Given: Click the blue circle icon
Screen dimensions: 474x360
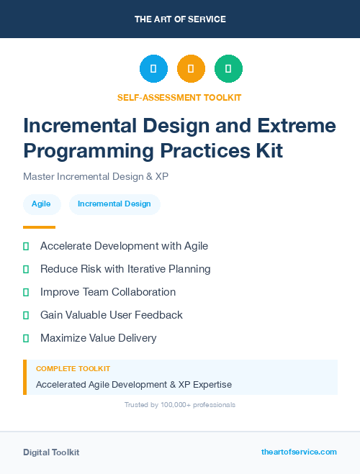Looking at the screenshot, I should click(153, 69).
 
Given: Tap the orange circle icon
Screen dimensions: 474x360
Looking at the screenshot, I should click(191, 69).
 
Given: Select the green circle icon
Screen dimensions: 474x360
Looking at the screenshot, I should click(228, 69).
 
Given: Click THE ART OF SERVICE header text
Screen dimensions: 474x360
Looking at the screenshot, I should click(180, 19).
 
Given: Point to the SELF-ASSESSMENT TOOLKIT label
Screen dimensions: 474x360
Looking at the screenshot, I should click(179, 98).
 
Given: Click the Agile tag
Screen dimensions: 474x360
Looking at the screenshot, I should click(41, 204).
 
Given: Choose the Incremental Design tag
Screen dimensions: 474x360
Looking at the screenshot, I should click(114, 204).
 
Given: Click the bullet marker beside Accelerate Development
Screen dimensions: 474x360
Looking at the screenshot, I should click(26, 247).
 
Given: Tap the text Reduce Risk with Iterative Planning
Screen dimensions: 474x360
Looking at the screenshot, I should click(125, 269).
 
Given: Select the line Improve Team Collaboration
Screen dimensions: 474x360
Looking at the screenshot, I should click(108, 292).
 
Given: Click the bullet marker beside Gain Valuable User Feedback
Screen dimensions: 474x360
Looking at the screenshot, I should click(26, 315).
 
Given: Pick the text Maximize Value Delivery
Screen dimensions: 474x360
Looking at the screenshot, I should click(98, 338).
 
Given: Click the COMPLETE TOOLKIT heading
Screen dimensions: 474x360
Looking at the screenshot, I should click(73, 369).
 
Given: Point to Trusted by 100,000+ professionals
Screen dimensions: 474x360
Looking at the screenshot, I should click(180, 405).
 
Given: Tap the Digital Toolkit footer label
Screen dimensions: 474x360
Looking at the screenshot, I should click(51, 452).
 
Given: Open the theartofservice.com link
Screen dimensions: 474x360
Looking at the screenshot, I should click(299, 452).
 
